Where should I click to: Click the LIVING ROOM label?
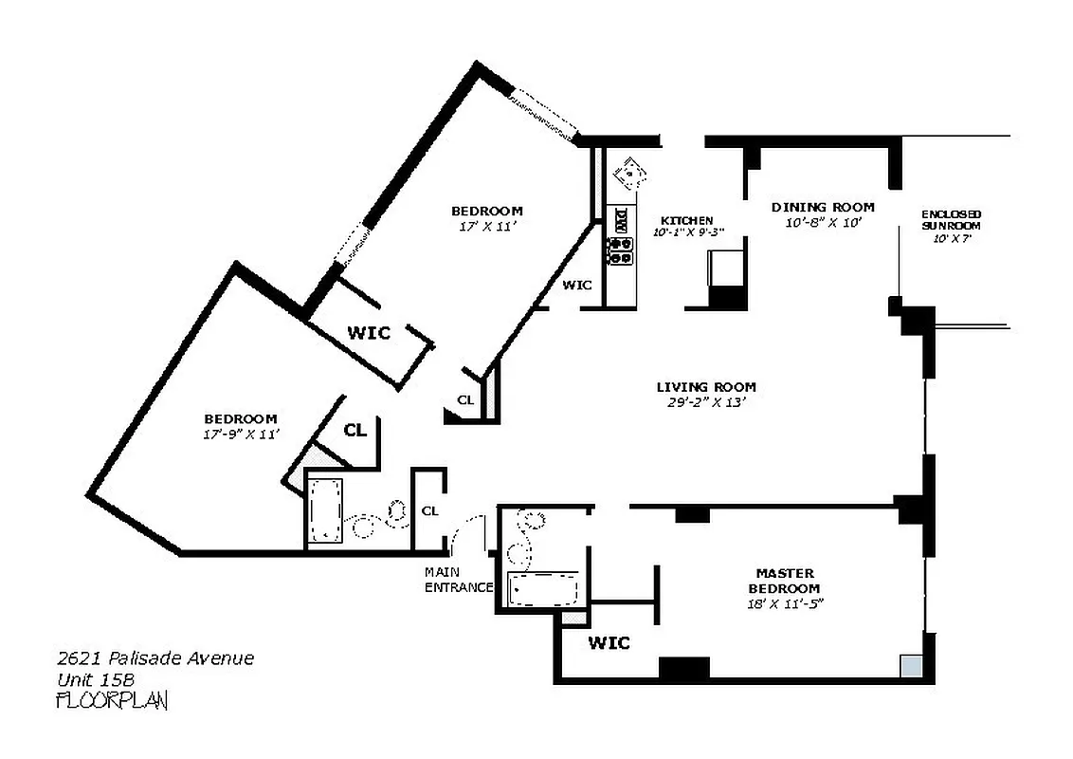point(706,387)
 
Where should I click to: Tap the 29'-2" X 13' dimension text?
point(706,402)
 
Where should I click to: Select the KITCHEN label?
point(686,220)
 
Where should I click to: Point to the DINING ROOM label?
point(822,207)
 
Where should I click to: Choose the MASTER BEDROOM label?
point(785,581)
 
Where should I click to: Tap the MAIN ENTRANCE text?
point(458,580)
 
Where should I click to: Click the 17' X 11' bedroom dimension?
point(486,227)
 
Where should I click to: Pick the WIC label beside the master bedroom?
point(609,643)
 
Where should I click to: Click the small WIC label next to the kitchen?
point(577,285)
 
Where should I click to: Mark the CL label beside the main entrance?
point(429,510)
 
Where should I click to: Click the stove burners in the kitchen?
point(620,250)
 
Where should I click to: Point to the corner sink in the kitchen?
point(628,173)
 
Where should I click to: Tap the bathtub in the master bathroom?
point(543,589)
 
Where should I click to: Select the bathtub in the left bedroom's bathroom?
point(325,510)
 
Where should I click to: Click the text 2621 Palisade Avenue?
point(155,658)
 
